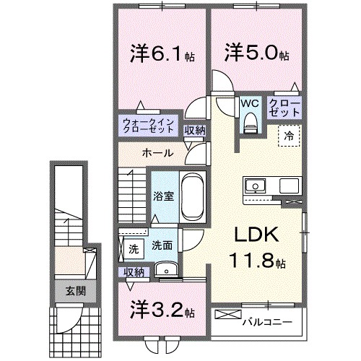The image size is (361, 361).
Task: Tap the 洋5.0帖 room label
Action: [x=257, y=53]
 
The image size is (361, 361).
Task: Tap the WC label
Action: [x=251, y=103]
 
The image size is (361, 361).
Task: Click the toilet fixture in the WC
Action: [x=251, y=124]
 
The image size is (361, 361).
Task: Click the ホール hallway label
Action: [x=157, y=153]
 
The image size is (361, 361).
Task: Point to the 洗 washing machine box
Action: [x=132, y=249]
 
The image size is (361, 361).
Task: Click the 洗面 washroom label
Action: [x=161, y=245]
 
